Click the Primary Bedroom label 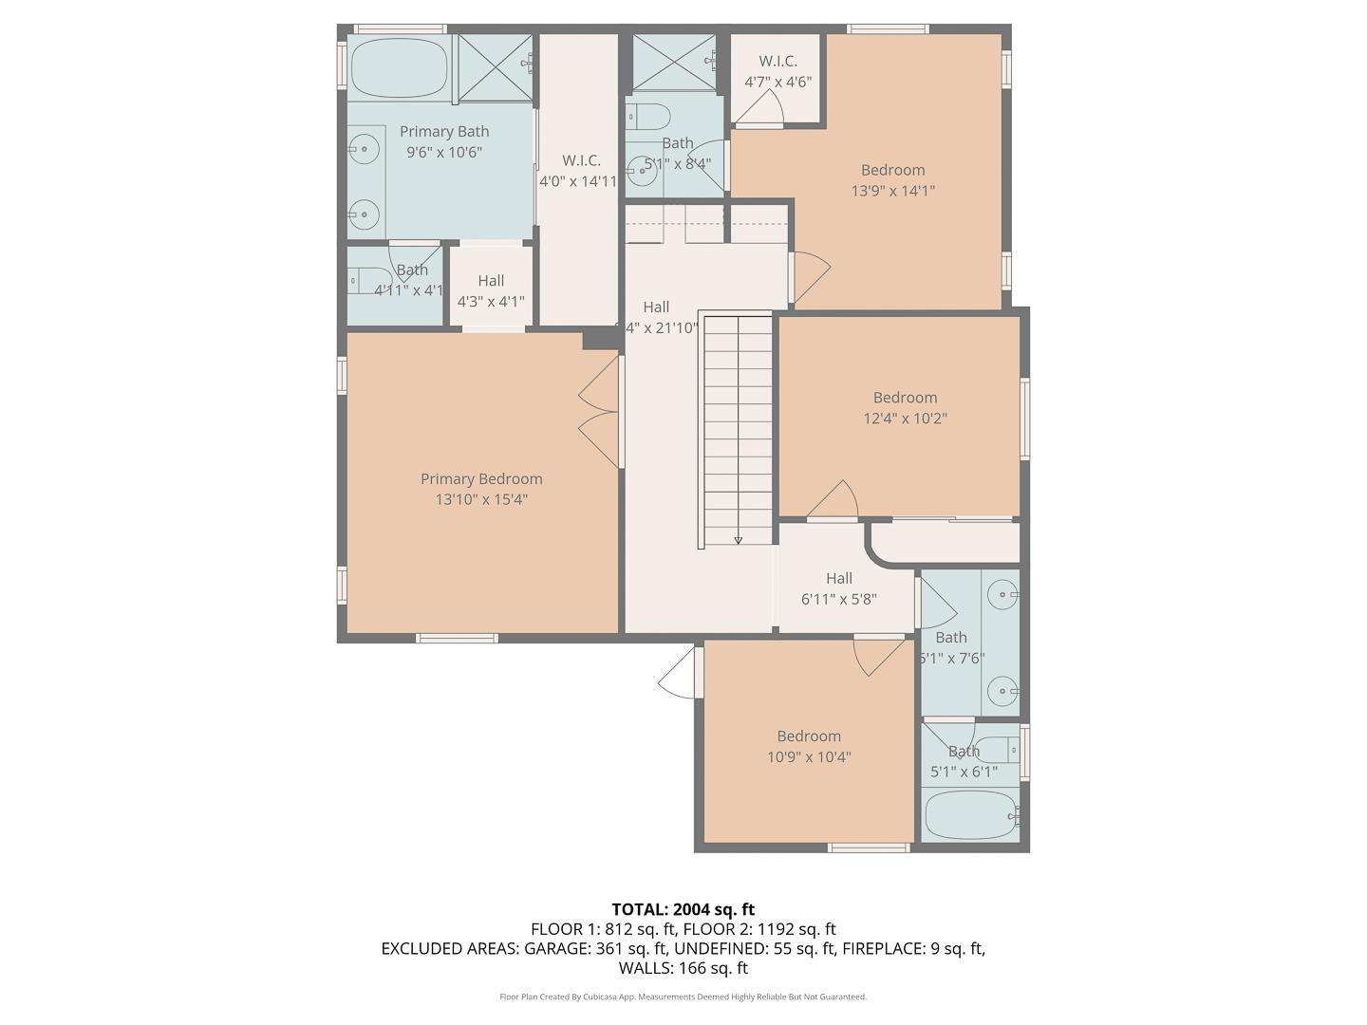click(x=481, y=479)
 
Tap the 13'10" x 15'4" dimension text click(x=481, y=500)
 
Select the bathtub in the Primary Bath click(x=399, y=67)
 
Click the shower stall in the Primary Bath click(x=495, y=67)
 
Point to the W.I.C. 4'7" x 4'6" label click(x=777, y=72)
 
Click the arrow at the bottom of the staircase click(x=738, y=539)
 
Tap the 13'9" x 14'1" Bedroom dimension click(x=892, y=191)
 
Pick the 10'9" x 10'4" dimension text click(x=809, y=757)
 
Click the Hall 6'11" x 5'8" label click(x=838, y=588)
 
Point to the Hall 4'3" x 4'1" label click(x=491, y=291)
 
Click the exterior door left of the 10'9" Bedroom click(x=680, y=674)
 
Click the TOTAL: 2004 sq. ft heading click(x=683, y=909)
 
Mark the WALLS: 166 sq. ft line click(x=683, y=968)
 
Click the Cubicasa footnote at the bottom click(x=683, y=997)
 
